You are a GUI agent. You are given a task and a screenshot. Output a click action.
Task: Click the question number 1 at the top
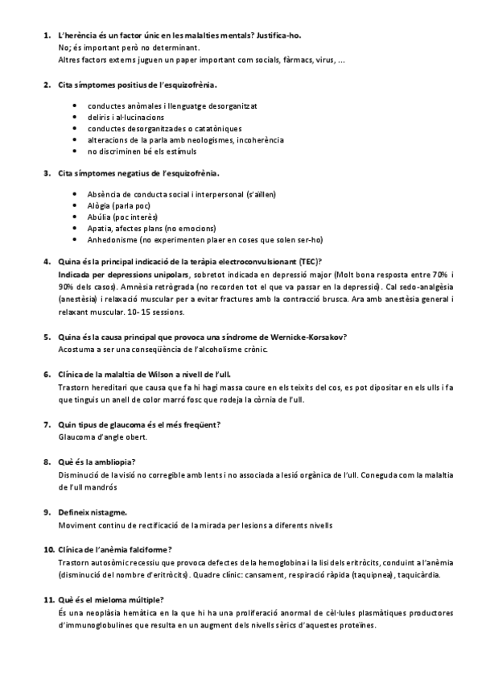pos(45,36)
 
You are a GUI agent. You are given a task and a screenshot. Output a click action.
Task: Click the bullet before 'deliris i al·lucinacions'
pos(75,117)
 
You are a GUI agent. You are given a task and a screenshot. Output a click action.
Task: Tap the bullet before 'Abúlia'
pos(75,217)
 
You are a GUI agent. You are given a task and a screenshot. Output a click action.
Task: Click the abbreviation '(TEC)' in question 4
pos(307,261)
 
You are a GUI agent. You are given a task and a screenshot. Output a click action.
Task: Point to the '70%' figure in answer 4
pos(438,274)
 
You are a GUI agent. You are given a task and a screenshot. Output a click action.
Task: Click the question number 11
pos(47,599)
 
